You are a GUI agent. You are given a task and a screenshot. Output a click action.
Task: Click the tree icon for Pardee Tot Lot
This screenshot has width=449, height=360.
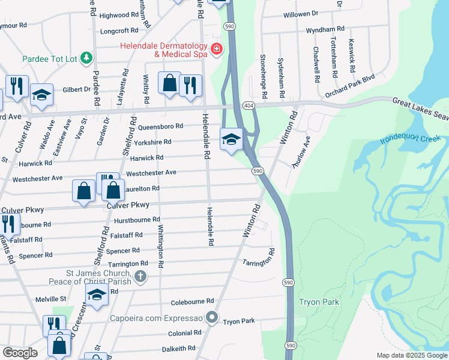click(88, 58)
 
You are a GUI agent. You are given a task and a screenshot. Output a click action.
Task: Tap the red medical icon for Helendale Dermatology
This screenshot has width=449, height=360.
click(216, 49)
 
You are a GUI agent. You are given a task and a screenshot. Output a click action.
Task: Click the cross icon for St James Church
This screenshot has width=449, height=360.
click(140, 276)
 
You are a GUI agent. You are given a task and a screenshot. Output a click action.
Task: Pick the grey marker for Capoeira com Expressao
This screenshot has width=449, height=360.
click(211, 317)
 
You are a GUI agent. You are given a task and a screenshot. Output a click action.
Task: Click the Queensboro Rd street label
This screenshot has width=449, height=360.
click(160, 127)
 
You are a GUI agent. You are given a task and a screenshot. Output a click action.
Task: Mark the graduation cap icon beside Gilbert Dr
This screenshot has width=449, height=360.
click(41, 95)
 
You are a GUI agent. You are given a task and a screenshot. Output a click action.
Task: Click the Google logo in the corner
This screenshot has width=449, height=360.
click(20, 353)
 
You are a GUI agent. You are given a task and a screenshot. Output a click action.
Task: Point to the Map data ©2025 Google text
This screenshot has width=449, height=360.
click(411, 355)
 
